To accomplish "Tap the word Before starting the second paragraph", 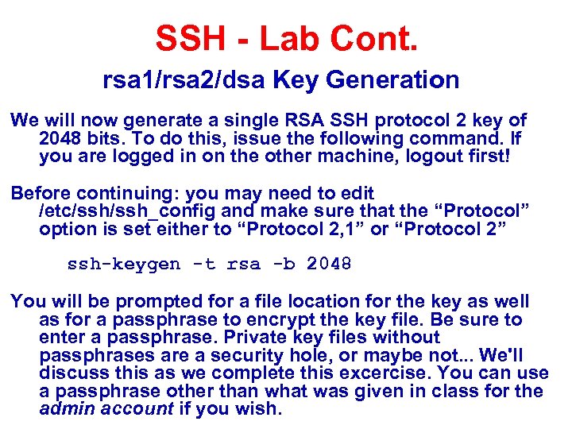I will point(39,193).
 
